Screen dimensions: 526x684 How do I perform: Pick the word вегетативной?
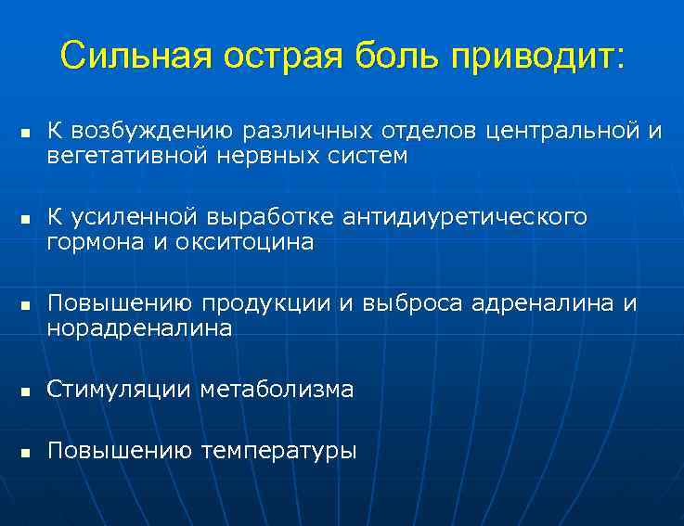[128, 156]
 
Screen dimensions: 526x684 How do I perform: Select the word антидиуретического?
[465, 218]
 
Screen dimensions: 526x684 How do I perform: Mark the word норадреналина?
[139, 327]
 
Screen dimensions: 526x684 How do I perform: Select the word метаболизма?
[277, 390]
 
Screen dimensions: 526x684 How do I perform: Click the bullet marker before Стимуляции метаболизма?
[26, 391]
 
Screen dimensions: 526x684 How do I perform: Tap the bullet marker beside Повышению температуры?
[26, 454]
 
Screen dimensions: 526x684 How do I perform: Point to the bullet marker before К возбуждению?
[26, 134]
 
